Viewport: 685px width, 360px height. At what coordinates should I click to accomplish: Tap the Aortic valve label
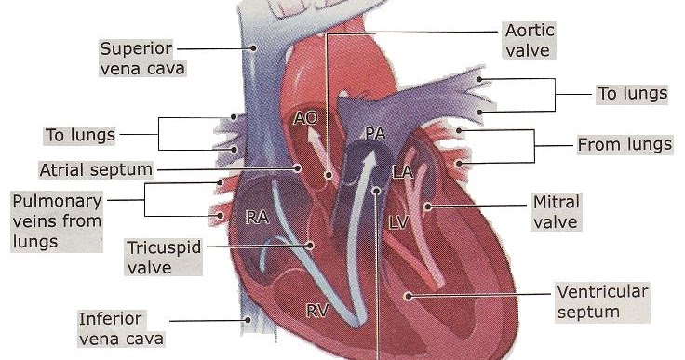[527, 41]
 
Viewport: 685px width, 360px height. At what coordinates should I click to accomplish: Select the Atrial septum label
[95, 169]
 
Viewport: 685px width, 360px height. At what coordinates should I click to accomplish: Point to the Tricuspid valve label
[163, 258]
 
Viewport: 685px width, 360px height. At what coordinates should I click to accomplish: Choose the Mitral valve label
[556, 212]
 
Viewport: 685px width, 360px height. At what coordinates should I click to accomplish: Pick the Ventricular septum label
[600, 302]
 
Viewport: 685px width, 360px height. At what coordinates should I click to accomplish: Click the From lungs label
[625, 145]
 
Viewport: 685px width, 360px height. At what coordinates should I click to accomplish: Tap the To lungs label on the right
[633, 93]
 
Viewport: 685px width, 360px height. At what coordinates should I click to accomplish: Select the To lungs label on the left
[81, 135]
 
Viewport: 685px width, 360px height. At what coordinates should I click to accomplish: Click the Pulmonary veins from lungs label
[57, 220]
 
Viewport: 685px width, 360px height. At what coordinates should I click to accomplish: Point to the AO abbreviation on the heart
[305, 118]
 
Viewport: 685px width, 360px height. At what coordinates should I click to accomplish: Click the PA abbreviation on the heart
[374, 134]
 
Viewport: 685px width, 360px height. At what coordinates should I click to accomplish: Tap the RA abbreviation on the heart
[257, 218]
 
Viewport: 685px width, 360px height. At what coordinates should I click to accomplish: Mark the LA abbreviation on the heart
[403, 172]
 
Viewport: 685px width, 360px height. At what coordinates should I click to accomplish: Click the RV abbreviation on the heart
[316, 311]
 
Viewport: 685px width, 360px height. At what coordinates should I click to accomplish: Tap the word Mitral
[556, 202]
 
